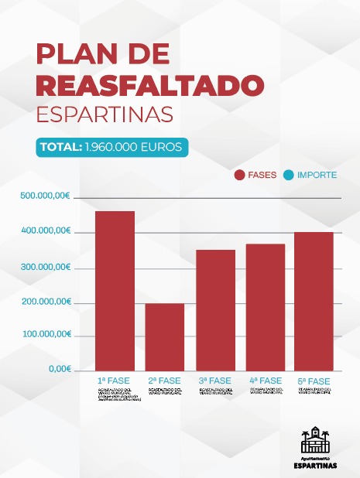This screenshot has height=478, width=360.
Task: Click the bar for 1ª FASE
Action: (115, 290)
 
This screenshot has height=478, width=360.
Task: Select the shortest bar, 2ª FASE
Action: (165, 336)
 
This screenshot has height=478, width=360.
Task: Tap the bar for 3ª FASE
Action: (215, 309)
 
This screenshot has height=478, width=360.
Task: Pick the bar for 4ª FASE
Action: (266, 307)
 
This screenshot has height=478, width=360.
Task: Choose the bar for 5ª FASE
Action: (314, 301)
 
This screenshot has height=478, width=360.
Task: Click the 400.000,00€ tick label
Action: (46, 232)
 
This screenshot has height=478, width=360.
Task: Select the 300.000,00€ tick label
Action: (46, 268)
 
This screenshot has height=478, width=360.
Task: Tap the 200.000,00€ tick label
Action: (46, 302)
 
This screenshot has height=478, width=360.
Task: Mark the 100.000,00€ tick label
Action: (46, 335)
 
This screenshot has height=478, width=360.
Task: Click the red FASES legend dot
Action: (239, 175)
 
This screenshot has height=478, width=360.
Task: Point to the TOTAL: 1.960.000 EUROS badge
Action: (111, 146)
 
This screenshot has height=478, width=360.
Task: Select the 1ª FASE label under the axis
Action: (113, 381)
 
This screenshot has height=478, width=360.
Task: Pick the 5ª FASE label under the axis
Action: (314, 381)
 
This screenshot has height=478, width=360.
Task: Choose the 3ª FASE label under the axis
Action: (214, 381)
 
